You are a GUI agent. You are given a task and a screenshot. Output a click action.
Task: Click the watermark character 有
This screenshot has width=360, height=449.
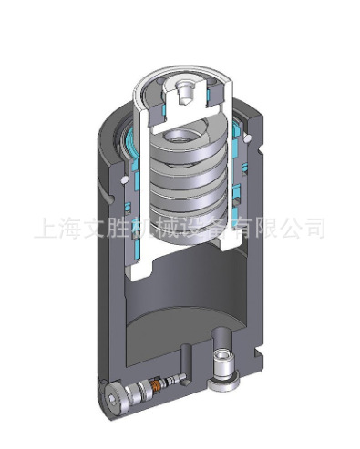pos(248,227)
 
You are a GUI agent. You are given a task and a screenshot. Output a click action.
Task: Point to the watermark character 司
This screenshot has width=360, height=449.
pos(323,227)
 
